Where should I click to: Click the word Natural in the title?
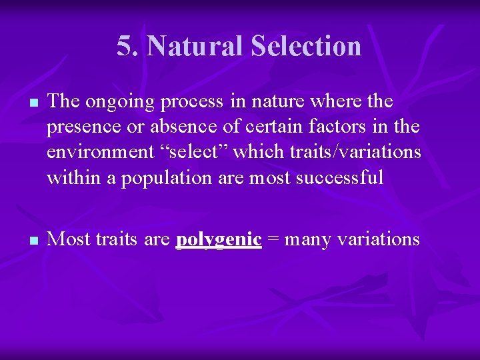coord(194,46)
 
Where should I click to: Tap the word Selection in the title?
coord(306,46)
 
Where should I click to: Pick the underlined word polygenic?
coord(218,239)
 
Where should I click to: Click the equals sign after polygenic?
coord(273,239)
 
